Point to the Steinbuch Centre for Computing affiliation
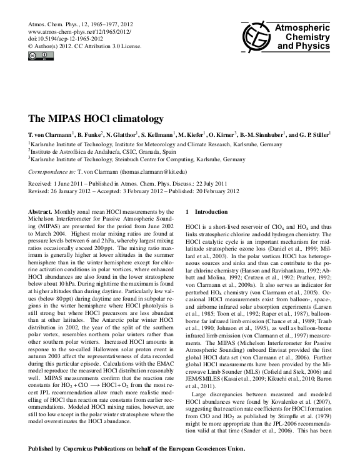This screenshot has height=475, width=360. pyautogui.click(x=138, y=158)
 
